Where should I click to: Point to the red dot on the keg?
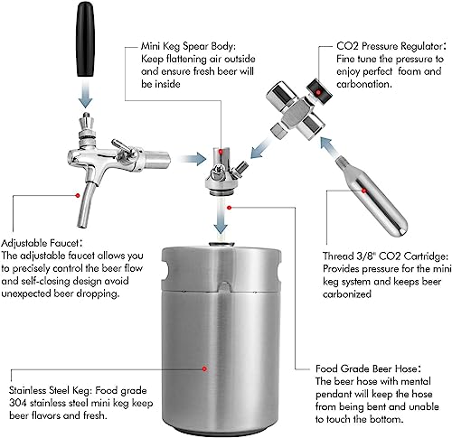pyautogui.click(x=207, y=370)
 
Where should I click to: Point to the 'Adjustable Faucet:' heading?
pyautogui.click(x=41, y=243)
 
